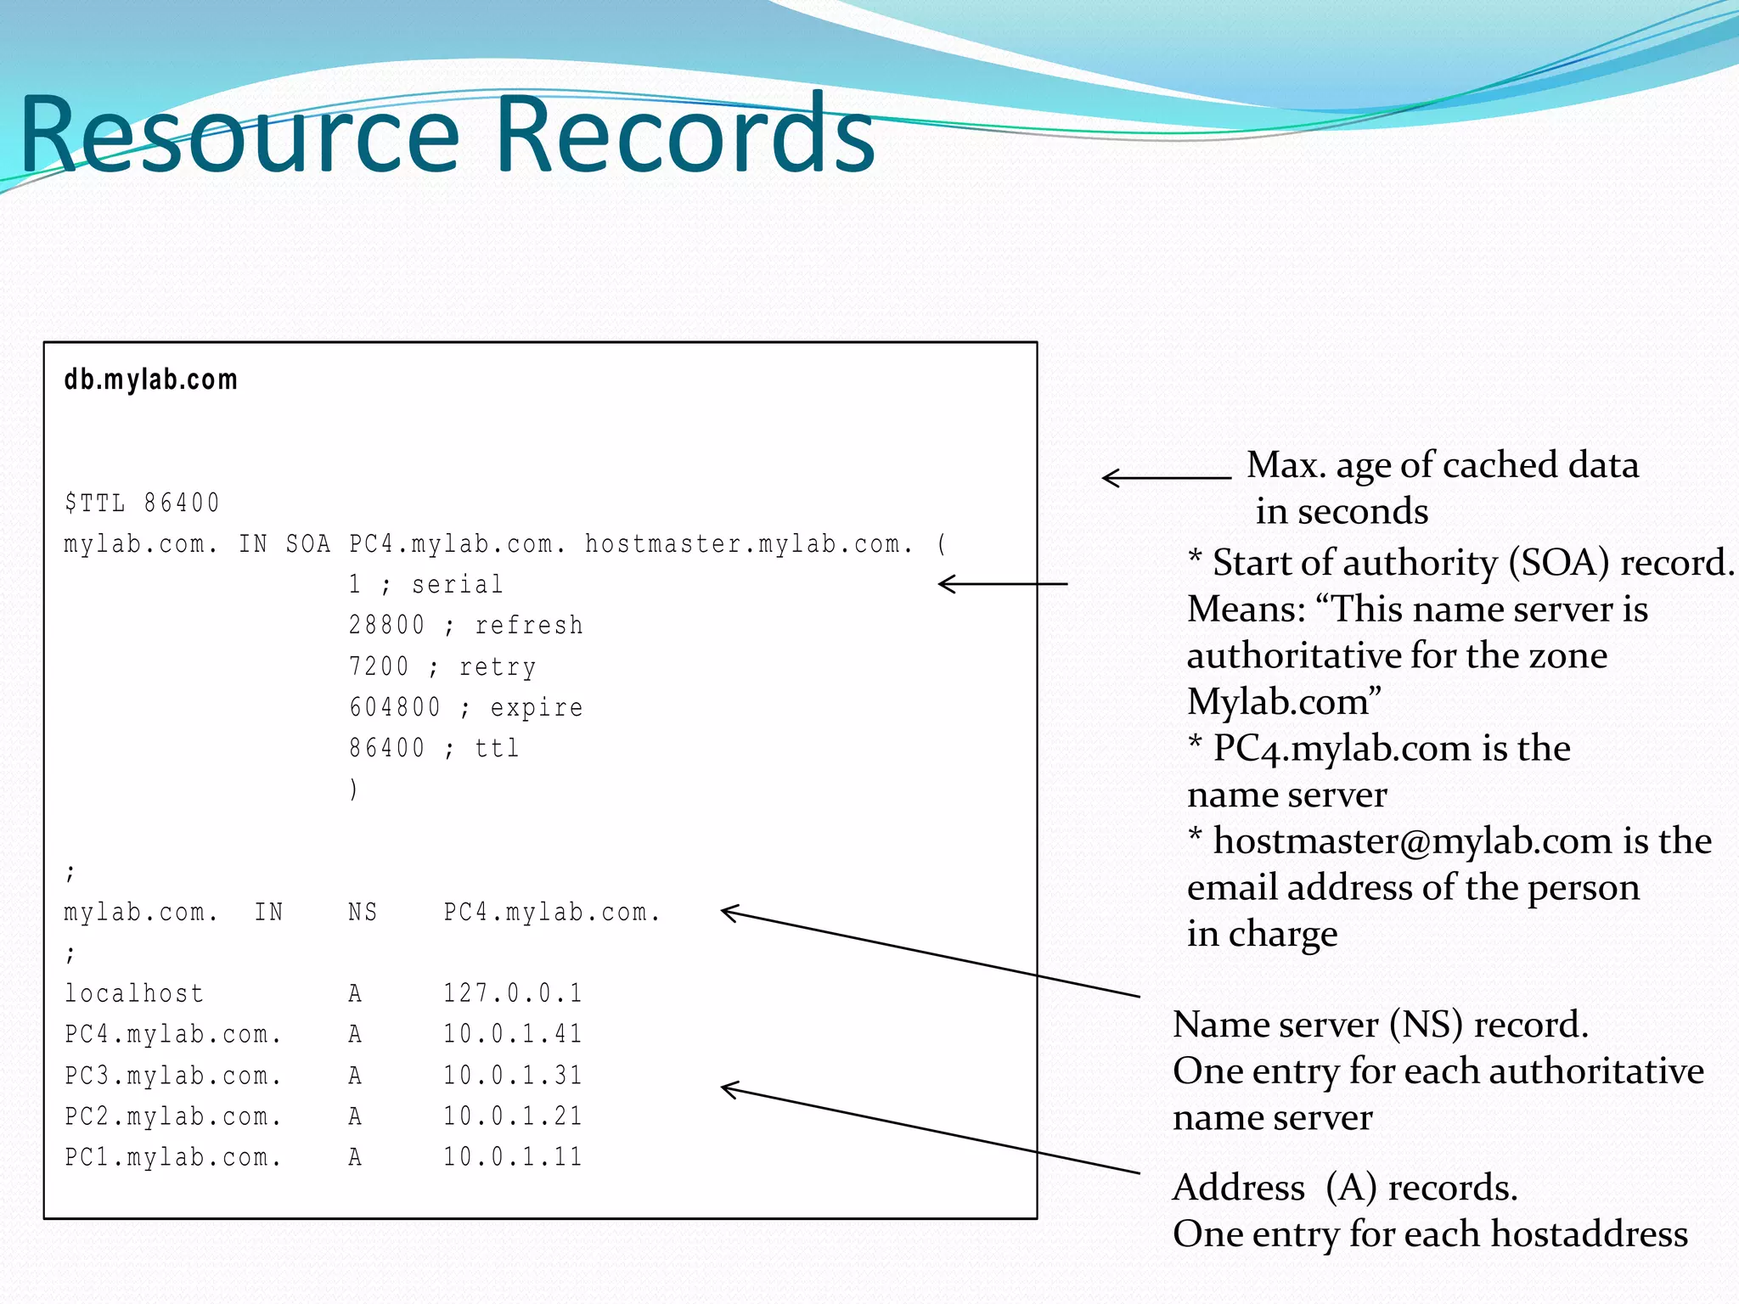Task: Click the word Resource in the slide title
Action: tap(239, 136)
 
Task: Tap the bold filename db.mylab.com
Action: tap(151, 379)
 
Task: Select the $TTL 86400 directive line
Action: tap(142, 503)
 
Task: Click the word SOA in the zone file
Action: tap(307, 544)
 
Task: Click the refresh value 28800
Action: tap(386, 626)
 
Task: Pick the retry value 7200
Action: tap(379, 666)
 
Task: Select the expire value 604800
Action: tap(395, 707)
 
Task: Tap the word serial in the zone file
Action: tap(458, 585)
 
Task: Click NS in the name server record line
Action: tap(363, 913)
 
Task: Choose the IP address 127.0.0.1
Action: tap(513, 993)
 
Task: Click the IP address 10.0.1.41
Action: tap(513, 1034)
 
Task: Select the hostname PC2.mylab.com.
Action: tap(173, 1116)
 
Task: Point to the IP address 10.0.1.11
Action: tap(513, 1157)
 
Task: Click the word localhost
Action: tap(134, 993)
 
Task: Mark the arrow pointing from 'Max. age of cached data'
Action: tap(1165, 478)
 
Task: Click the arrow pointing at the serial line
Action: tap(1002, 584)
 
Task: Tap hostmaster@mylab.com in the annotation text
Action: tap(1412, 841)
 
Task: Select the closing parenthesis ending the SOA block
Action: tap(353, 790)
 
